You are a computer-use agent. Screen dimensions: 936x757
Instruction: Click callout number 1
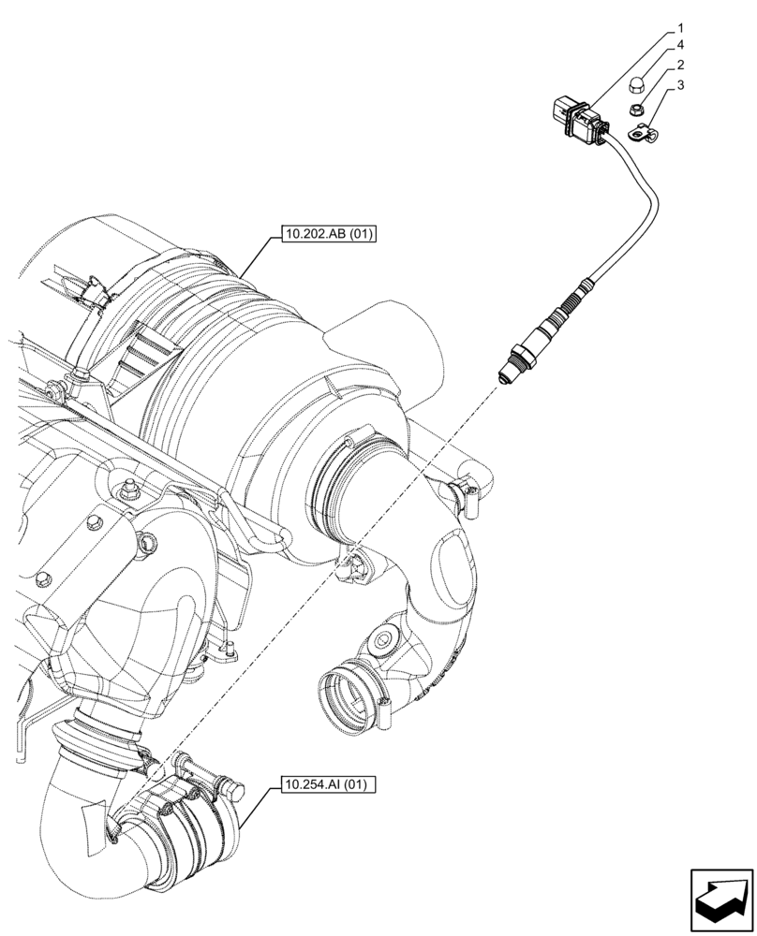click(x=680, y=29)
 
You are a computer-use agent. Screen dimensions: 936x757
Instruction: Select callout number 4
click(x=680, y=46)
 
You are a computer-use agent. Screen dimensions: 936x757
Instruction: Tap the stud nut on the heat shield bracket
click(x=126, y=488)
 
